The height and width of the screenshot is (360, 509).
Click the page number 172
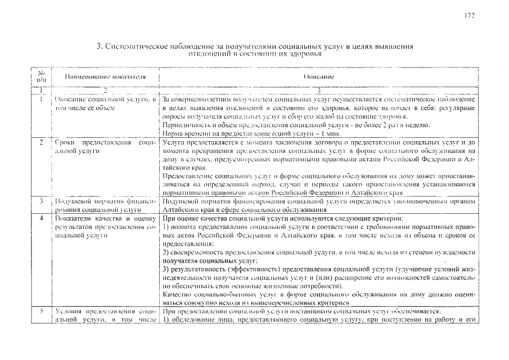(x=470, y=15)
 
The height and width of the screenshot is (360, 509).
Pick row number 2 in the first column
(x=42, y=144)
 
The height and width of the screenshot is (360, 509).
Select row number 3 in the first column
(x=42, y=201)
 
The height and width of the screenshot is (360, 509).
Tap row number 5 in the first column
(x=42, y=311)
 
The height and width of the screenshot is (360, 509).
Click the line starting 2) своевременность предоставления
(x=318, y=253)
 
